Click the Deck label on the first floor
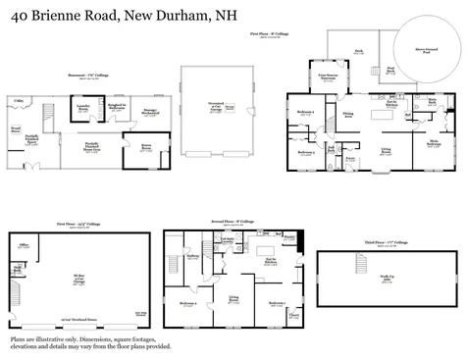click(x=358, y=52)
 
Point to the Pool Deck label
click(x=389, y=70)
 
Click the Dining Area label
click(x=347, y=116)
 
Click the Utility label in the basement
click(x=20, y=100)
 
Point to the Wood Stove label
click(x=16, y=128)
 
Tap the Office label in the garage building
click(x=23, y=245)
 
